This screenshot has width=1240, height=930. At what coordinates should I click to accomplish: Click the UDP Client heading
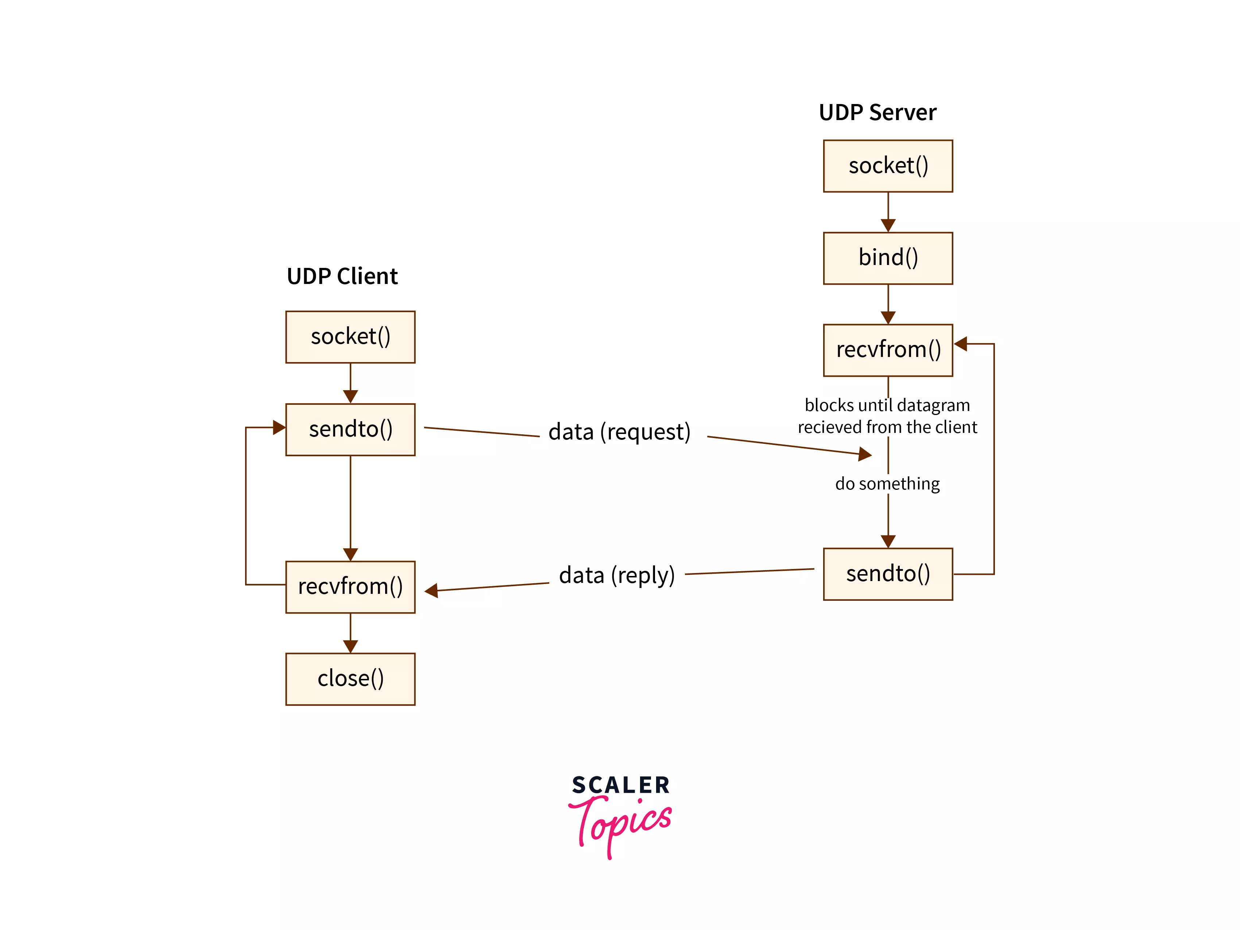[x=342, y=277]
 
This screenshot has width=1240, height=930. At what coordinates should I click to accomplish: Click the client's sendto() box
[x=350, y=430]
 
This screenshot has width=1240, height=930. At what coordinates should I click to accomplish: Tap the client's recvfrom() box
[x=350, y=587]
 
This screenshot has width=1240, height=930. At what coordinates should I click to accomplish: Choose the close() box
[x=350, y=679]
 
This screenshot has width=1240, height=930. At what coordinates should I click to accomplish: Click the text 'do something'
[x=887, y=484]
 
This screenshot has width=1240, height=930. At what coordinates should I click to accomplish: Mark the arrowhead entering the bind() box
[x=888, y=226]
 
